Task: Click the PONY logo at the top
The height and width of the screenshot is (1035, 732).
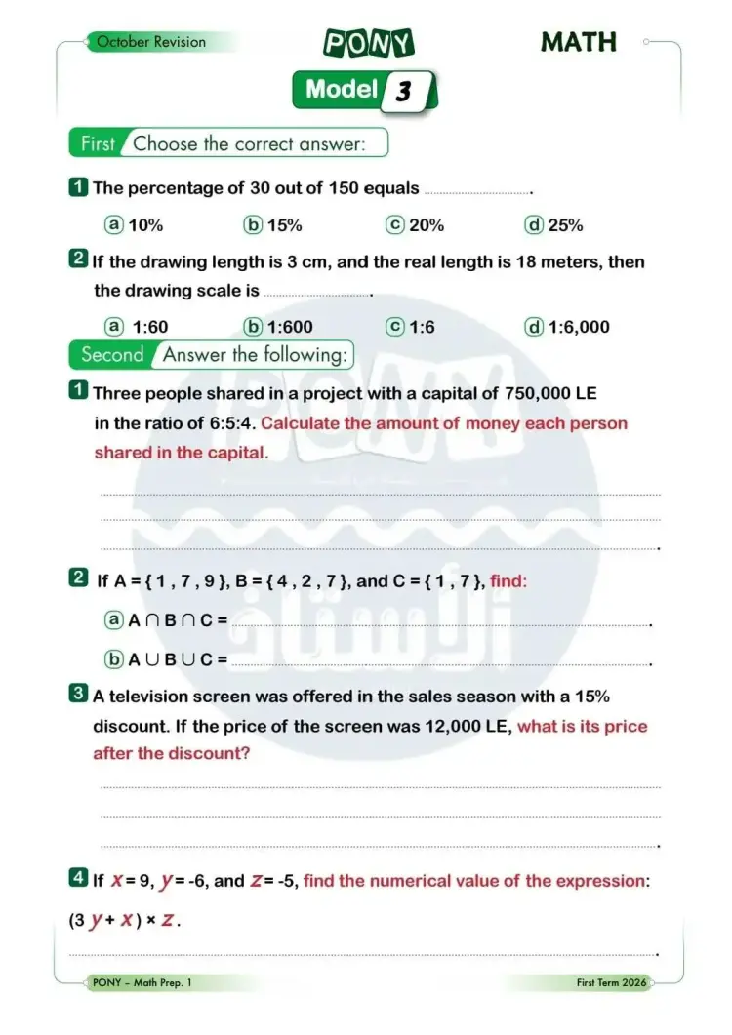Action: tap(369, 43)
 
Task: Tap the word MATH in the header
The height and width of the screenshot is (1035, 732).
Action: tap(579, 42)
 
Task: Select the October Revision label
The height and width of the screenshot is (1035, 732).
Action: tap(151, 42)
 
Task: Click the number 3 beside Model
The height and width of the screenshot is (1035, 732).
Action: tap(403, 92)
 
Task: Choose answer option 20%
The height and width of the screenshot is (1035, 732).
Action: tap(427, 225)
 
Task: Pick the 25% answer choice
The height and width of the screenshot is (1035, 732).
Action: tap(565, 225)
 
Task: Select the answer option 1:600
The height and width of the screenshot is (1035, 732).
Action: tap(290, 327)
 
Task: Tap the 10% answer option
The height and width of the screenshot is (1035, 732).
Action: tap(145, 225)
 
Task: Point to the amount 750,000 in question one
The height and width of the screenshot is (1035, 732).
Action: tap(537, 393)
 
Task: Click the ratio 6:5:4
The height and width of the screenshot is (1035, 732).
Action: tap(229, 423)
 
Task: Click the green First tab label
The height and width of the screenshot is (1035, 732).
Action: tap(98, 144)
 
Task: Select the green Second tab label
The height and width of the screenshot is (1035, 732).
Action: tap(112, 355)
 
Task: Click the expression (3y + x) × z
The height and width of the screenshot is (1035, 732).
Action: tap(124, 919)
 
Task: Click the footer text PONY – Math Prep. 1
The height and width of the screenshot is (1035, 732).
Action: tap(142, 983)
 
